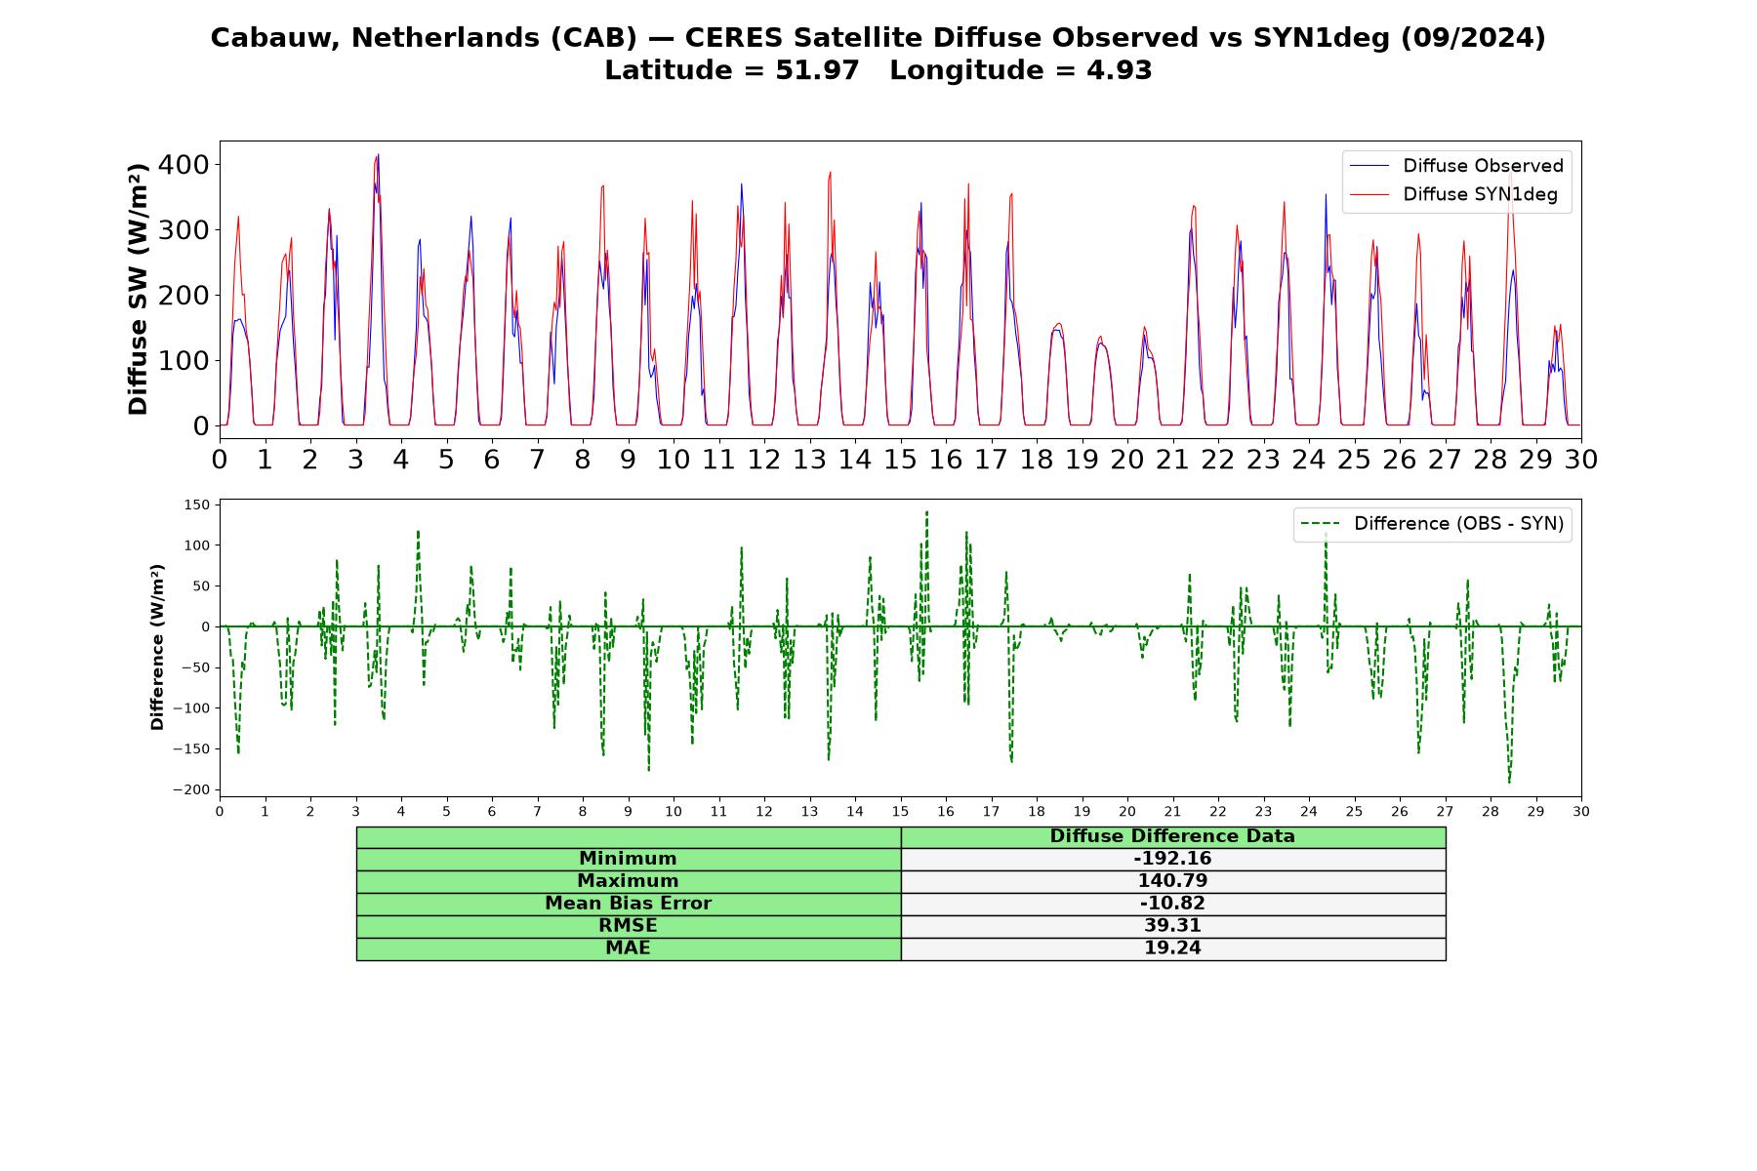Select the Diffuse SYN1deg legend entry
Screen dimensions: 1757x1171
tap(1453, 194)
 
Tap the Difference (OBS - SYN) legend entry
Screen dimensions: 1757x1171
tap(1432, 524)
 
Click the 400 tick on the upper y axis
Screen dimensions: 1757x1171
tap(184, 165)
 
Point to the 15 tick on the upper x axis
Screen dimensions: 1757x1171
tap(900, 459)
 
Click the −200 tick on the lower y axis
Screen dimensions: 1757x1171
tap(190, 789)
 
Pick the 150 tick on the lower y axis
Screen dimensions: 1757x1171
tap(196, 505)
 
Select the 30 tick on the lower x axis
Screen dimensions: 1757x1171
tap(1581, 811)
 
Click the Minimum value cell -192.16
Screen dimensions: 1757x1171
tap(1172, 859)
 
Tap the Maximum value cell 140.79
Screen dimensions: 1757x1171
tap(1172, 881)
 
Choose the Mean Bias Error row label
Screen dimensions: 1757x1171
tap(628, 904)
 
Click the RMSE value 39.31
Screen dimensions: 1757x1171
tap(1172, 926)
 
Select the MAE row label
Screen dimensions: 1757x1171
tap(628, 949)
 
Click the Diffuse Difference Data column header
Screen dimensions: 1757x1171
tap(1172, 836)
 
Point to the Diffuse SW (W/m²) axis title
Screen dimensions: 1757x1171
tap(139, 289)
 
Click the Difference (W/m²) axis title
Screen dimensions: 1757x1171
tap(157, 648)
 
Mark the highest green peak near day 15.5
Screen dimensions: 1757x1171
tap(926, 511)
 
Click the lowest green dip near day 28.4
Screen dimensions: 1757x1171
tap(1509, 782)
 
